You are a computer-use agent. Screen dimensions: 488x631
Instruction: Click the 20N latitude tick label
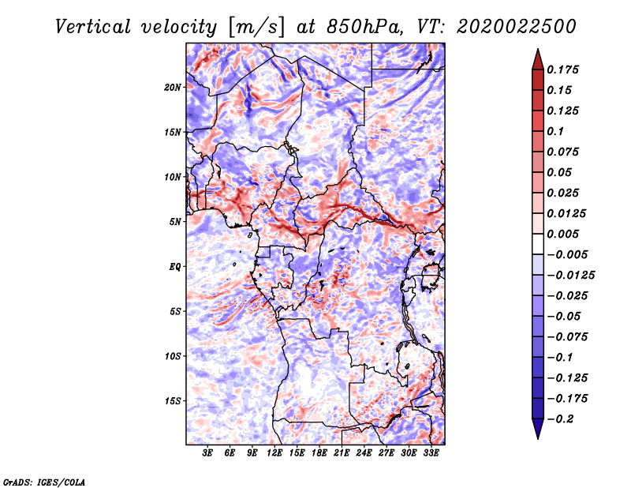click(173, 87)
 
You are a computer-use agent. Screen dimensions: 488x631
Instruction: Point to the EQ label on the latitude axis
click(175, 267)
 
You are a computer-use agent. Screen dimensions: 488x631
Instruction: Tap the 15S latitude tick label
click(173, 401)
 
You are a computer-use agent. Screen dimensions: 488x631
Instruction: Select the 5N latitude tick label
click(175, 222)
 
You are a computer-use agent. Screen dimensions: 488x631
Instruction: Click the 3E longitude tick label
click(207, 454)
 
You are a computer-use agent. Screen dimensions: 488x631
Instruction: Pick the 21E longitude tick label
click(342, 454)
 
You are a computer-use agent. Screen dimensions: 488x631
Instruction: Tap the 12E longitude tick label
click(274, 454)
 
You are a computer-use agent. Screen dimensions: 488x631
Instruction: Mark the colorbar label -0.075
click(569, 337)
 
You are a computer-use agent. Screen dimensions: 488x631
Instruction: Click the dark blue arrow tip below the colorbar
click(537, 434)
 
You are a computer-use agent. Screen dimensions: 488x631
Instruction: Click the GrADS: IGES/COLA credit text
click(43, 481)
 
